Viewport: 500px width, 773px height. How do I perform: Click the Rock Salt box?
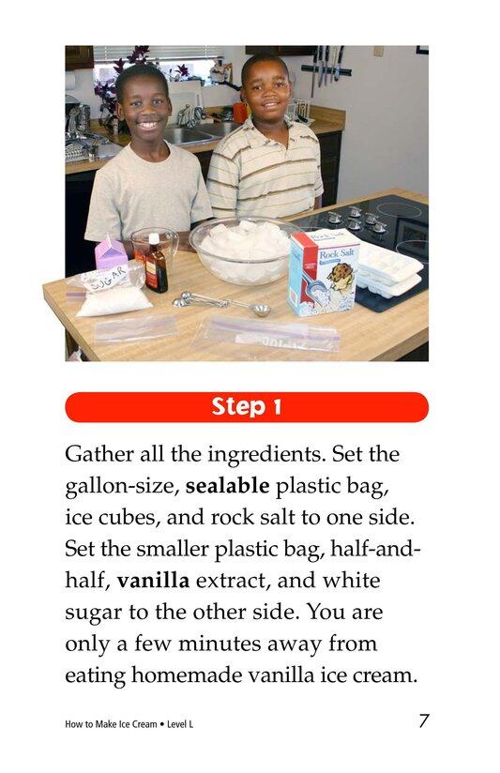point(323,271)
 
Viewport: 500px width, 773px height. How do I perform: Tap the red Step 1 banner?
point(247,407)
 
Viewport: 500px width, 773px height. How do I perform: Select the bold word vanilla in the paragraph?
point(153,581)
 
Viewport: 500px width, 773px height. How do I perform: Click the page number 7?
point(424,720)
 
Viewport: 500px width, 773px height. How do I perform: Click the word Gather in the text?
point(98,455)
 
